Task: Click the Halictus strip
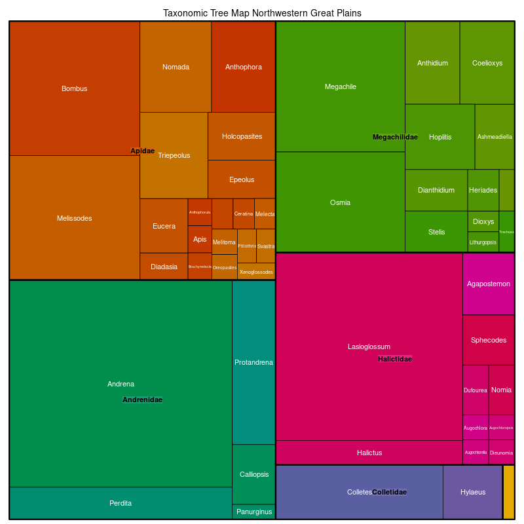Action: point(369,453)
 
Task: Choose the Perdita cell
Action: point(121,503)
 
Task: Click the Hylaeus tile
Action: point(472,492)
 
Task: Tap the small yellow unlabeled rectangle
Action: point(508,492)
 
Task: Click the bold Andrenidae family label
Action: point(142,400)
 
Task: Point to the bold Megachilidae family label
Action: point(395,137)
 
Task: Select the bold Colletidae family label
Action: point(389,492)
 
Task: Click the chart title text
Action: point(262,13)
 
